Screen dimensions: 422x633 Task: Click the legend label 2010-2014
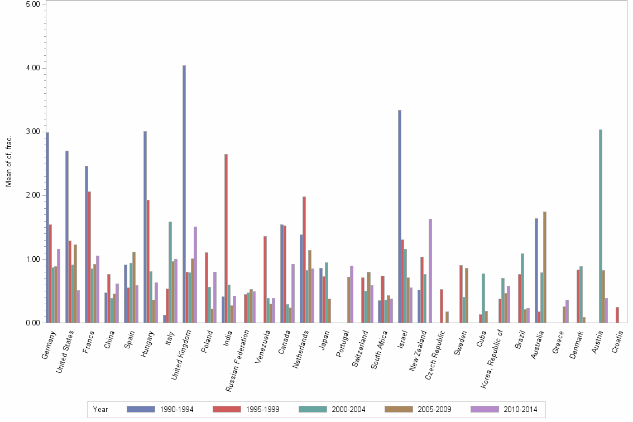pyautogui.click(x=520, y=409)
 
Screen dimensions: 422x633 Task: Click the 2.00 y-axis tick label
pyautogui.click(x=32, y=195)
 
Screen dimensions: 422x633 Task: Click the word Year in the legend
pyautogui.click(x=100, y=409)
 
